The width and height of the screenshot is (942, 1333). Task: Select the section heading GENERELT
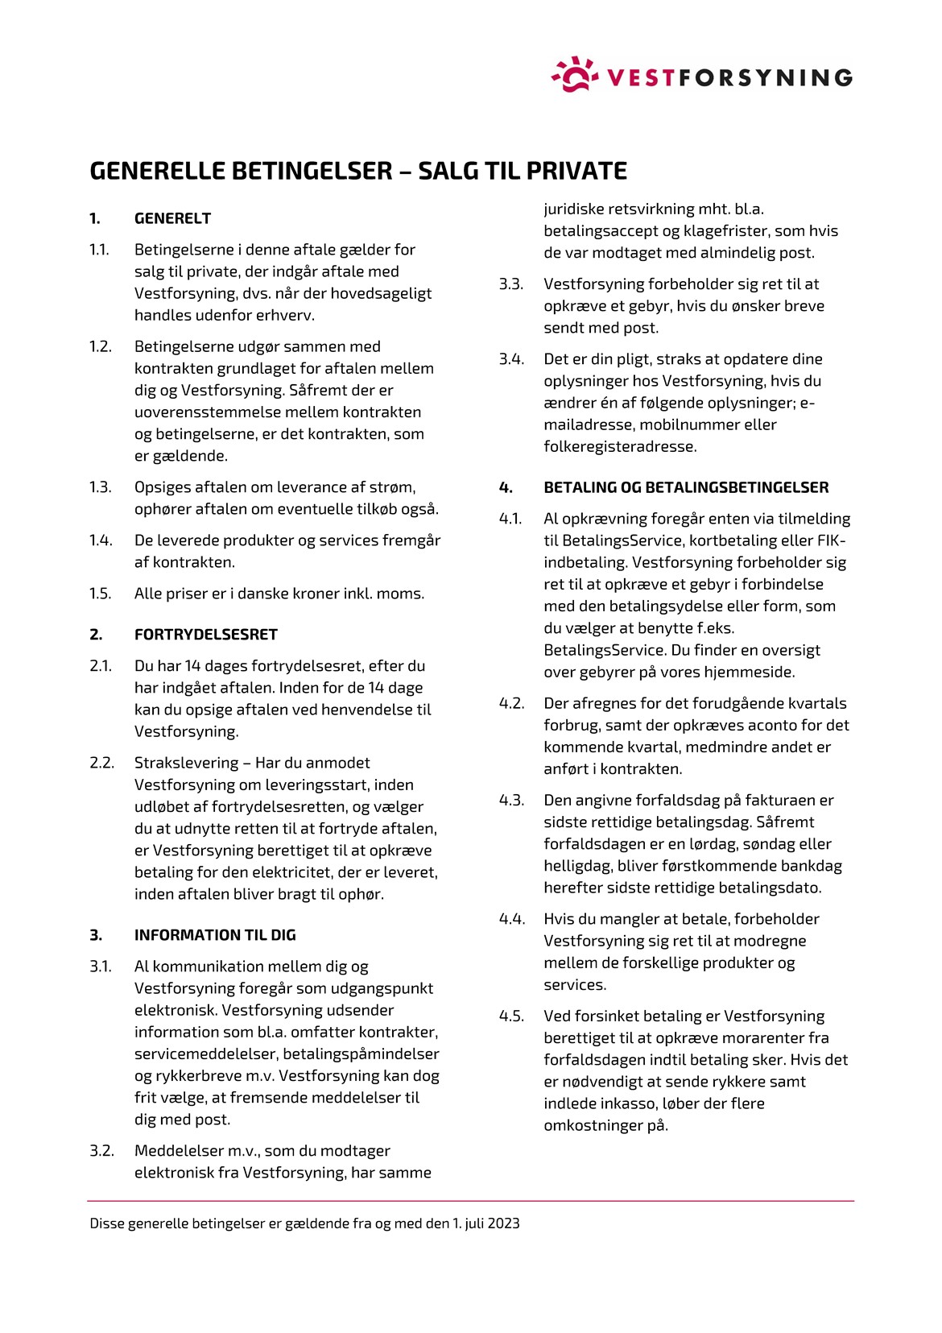(172, 218)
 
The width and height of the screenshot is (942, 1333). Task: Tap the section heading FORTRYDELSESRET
(205, 635)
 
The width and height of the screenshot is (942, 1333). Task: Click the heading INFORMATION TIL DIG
(215, 935)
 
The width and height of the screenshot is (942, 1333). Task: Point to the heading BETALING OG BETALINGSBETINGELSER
(686, 487)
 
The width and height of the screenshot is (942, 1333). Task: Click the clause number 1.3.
(100, 487)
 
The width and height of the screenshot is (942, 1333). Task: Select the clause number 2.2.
(101, 763)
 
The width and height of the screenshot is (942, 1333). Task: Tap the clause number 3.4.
(511, 359)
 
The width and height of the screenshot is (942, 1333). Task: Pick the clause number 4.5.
(511, 1016)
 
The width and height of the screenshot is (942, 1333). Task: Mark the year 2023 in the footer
(503, 1223)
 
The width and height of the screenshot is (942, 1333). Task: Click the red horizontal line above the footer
(471, 1201)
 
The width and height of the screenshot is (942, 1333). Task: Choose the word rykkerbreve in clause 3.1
(194, 1076)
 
